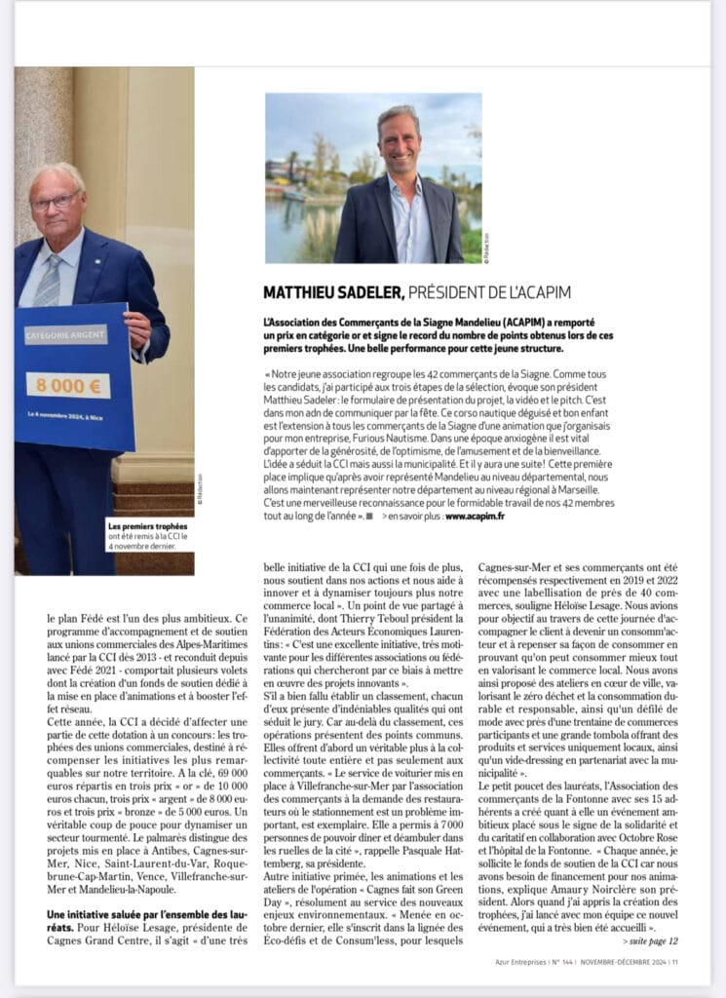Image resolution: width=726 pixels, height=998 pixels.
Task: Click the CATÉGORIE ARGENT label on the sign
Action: (x=65, y=335)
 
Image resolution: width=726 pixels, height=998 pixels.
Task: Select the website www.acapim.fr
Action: (x=476, y=516)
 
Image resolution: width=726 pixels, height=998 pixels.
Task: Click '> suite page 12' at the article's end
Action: (x=648, y=940)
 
